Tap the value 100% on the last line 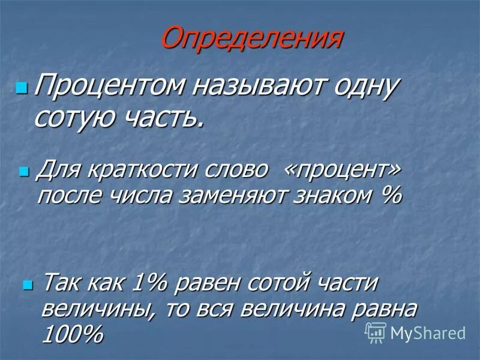(71, 335)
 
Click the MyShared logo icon (376, 332)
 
